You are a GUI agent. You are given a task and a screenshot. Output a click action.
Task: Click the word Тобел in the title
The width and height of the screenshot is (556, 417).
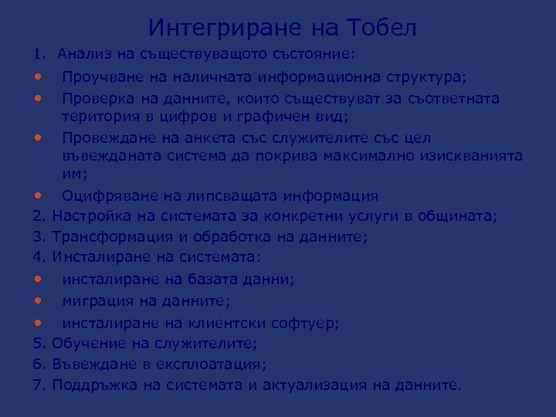(381, 29)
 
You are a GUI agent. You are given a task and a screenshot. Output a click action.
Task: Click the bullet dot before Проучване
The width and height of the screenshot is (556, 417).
(38, 78)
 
